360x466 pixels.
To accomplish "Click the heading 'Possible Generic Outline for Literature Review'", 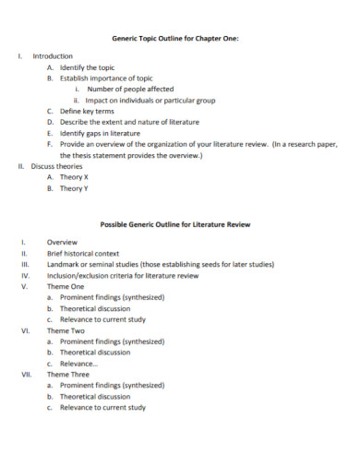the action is click(x=174, y=224).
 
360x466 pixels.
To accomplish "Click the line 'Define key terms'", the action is click(x=87, y=112).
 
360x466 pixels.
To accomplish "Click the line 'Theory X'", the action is click(x=74, y=176).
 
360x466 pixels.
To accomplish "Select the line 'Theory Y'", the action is click(x=74, y=187).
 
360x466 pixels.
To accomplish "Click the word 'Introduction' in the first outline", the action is click(x=53, y=57).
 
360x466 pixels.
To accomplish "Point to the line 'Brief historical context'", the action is click(x=83, y=253).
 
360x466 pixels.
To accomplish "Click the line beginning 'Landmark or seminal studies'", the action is click(x=160, y=264).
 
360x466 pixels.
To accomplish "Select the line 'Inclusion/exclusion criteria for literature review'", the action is click(x=123, y=275).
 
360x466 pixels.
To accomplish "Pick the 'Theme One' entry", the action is click(x=66, y=286).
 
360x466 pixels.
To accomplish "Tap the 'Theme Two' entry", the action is click(x=66, y=330).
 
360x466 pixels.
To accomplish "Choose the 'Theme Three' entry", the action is click(x=67, y=375).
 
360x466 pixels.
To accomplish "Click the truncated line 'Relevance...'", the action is click(x=78, y=364).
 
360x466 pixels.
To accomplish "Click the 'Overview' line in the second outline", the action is click(x=62, y=242).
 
